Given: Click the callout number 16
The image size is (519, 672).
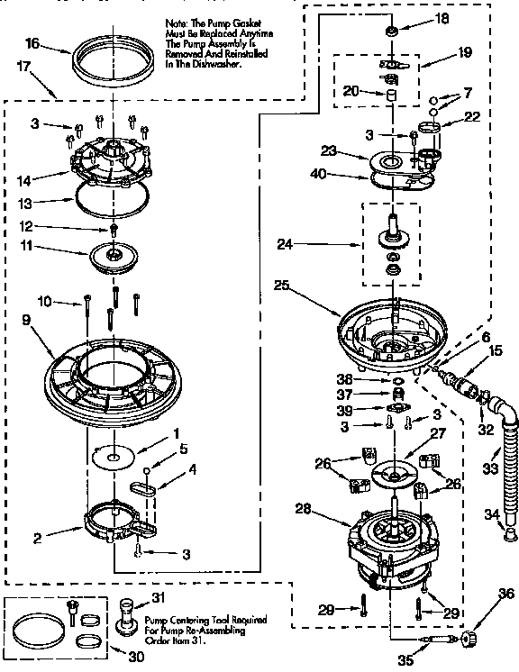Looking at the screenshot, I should click(32, 42).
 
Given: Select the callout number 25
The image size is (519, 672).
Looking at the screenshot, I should click(281, 286).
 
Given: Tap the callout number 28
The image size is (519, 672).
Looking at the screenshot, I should click(305, 509).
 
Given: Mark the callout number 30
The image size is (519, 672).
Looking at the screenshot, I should click(136, 657).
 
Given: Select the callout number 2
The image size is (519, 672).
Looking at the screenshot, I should click(38, 539).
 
